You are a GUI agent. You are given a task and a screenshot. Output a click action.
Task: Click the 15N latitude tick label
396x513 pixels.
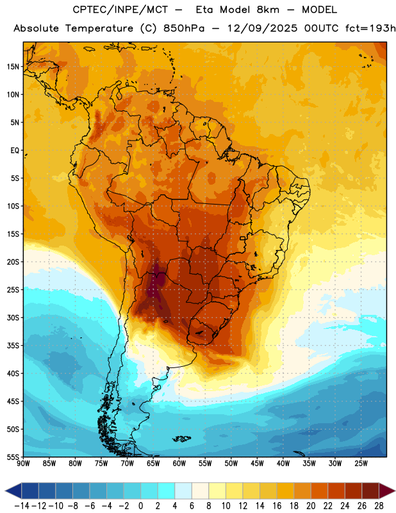tap(13, 67)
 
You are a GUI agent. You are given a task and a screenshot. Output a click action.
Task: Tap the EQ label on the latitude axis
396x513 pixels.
tap(15, 151)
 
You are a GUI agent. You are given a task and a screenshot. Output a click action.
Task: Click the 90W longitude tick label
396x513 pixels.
tap(23, 464)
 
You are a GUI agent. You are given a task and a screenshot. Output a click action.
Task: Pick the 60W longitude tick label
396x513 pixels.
tap(179, 464)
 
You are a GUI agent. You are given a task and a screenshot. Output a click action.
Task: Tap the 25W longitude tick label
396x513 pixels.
tap(361, 464)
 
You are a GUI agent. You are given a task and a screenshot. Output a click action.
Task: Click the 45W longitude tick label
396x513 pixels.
tap(257, 464)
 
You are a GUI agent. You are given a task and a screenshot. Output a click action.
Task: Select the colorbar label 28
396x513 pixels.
tap(379, 506)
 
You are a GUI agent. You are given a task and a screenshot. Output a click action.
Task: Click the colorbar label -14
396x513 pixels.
tap(22, 506)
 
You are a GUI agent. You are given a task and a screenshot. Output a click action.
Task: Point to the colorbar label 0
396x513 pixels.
tap(140, 506)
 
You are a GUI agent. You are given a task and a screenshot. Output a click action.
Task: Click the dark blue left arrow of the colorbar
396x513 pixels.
tap(13, 491)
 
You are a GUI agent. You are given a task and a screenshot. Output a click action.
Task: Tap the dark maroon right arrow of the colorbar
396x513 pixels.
tap(387, 491)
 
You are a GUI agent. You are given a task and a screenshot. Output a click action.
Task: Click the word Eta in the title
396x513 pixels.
tap(204, 10)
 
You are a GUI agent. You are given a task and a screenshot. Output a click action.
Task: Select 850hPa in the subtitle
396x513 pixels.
tap(184, 28)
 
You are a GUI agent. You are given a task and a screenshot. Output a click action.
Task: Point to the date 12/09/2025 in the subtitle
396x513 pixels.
tap(262, 28)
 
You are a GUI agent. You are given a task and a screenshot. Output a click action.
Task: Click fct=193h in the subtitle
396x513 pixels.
tap(370, 28)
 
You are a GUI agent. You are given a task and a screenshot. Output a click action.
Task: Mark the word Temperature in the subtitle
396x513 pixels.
tap(99, 28)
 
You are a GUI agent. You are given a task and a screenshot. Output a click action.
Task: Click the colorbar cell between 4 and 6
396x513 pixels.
tap(183, 491)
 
